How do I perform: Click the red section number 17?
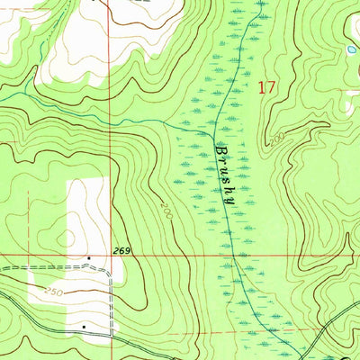point(264,87)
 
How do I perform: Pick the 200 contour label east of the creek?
point(274,139)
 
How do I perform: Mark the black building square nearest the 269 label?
point(89,258)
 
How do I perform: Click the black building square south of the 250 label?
point(84,327)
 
